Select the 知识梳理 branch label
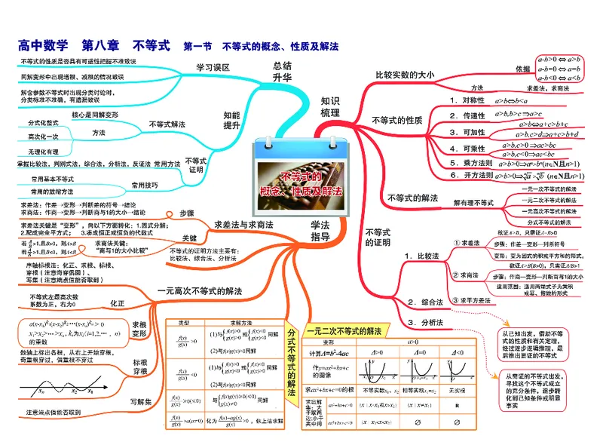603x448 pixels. coord(330,106)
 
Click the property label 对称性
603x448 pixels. coord(473,100)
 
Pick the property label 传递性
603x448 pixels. coord(473,115)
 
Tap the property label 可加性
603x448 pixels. coord(473,132)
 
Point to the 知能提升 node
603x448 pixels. coord(231,119)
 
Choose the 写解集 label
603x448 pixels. coord(140,400)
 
